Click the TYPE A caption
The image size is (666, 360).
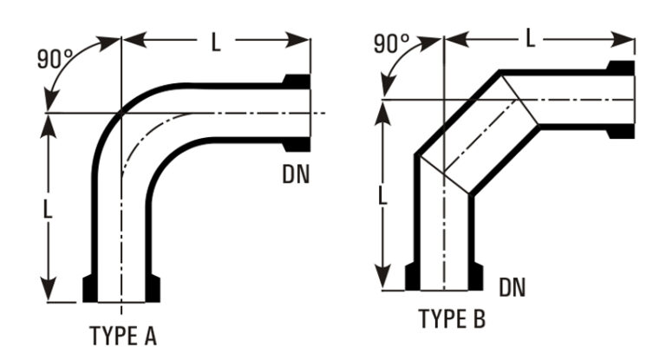click(123, 336)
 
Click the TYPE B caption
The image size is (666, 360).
click(452, 318)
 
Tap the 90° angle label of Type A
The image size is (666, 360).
click(55, 59)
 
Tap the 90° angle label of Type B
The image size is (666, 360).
click(392, 43)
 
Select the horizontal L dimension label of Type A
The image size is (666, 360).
click(216, 43)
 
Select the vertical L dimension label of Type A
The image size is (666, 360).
click(48, 209)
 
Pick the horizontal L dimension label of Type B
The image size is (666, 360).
click(530, 38)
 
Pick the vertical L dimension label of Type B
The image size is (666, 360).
click(382, 196)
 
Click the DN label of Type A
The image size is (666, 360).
click(296, 173)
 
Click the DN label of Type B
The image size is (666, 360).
click(513, 287)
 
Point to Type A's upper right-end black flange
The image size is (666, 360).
click(297, 82)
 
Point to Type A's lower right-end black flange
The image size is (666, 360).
click(297, 145)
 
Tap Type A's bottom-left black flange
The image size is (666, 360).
click(90, 289)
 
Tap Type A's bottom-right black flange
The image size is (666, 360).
click(153, 289)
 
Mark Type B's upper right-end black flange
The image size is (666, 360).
click(621, 68)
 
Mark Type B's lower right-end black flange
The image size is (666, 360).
click(621, 131)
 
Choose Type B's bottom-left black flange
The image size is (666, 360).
click(413, 277)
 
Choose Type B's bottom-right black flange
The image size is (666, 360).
click(476, 277)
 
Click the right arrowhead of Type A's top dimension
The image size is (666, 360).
click(297, 40)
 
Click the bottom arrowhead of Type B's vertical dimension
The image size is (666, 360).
click(383, 277)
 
